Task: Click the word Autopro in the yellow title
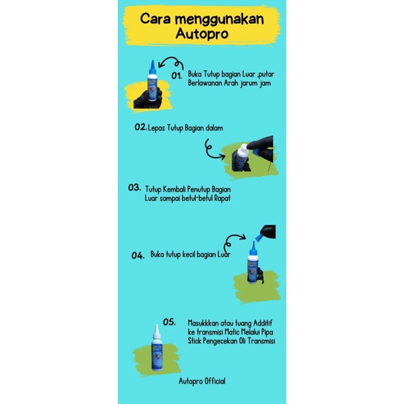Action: point(202,34)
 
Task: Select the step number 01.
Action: point(177,75)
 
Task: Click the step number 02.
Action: point(141,127)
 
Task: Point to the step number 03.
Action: point(135,188)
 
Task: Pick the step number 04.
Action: point(138,256)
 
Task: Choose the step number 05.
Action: point(170,322)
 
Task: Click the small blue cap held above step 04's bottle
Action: point(259,237)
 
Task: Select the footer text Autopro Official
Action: point(202,381)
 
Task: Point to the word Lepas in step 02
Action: point(156,128)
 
